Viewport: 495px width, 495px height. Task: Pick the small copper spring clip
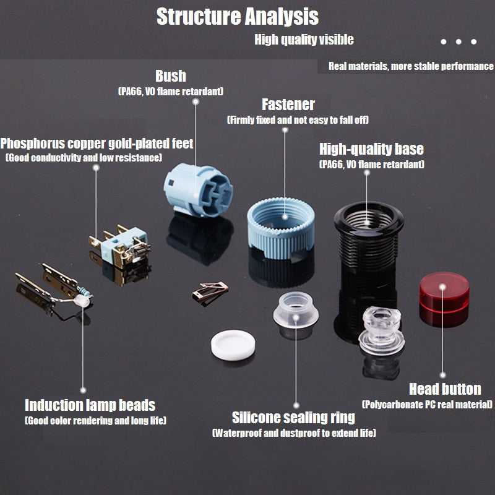pyautogui.click(x=210, y=291)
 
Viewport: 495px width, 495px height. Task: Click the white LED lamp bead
pyautogui.click(x=79, y=299)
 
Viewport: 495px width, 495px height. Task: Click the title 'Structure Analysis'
pyautogui.click(x=237, y=17)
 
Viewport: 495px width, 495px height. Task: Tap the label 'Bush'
pyautogui.click(x=170, y=76)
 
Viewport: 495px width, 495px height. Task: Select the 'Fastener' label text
pyautogui.click(x=288, y=105)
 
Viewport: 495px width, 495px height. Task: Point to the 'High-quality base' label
pyautogui.click(x=371, y=149)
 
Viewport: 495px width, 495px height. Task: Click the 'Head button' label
pyautogui.click(x=445, y=389)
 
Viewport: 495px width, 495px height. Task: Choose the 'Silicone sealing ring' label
pyautogui.click(x=293, y=418)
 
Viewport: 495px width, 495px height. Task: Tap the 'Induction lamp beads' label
pyautogui.click(x=90, y=406)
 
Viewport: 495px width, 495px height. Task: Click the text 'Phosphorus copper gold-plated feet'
pyautogui.click(x=97, y=144)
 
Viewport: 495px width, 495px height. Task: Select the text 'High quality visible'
pyautogui.click(x=304, y=40)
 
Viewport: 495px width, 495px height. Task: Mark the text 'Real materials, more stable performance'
pyautogui.click(x=411, y=66)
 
